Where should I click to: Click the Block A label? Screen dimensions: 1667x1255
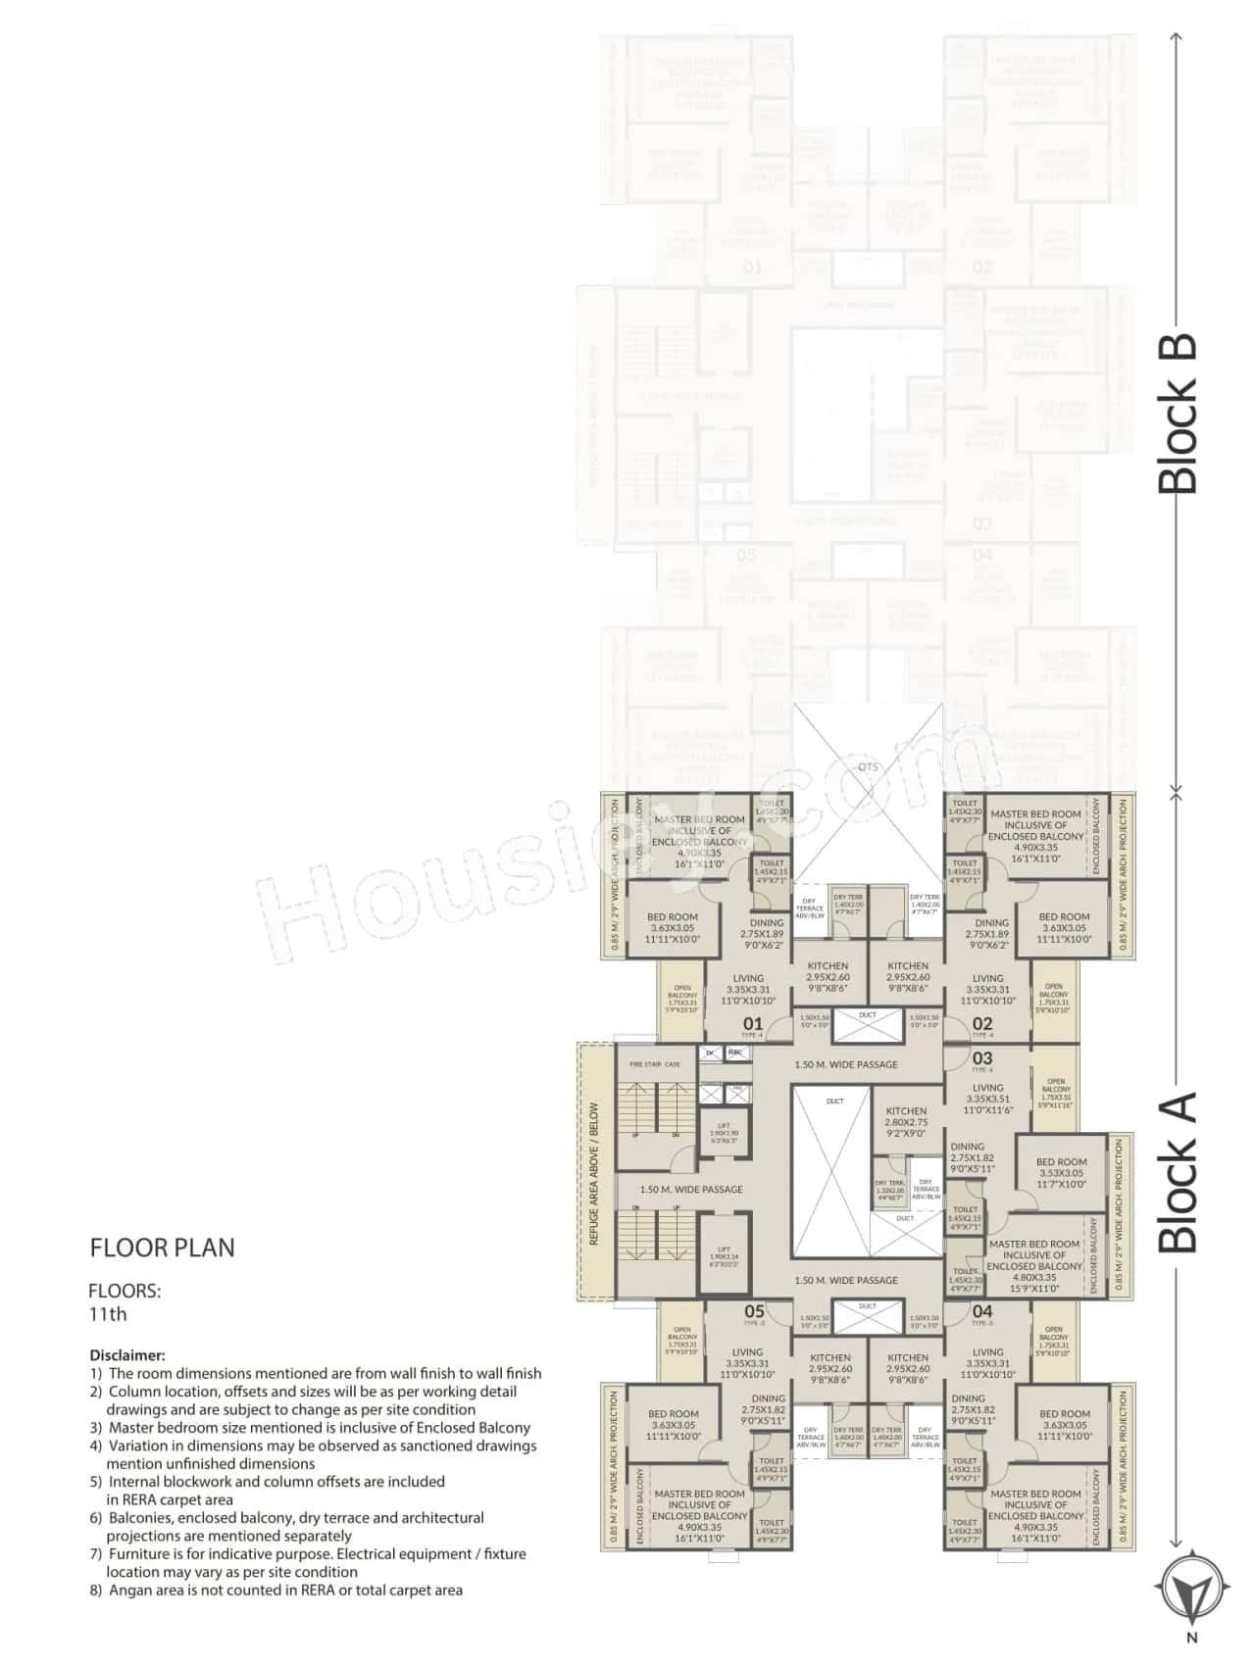[1179, 1172]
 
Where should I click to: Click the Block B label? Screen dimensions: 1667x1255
[1179, 414]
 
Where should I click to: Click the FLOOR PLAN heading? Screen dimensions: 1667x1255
[163, 1248]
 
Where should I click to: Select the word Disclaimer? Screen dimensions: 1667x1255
[127, 1355]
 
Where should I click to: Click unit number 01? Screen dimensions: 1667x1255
[752, 1024]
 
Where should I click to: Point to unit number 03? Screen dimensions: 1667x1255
[982, 1058]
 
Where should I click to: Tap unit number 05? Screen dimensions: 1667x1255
[753, 1311]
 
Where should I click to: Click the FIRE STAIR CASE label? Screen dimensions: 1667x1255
[655, 1064]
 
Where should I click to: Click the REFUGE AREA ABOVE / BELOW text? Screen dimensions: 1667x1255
[594, 1174]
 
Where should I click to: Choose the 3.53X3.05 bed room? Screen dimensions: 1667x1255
[1061, 1172]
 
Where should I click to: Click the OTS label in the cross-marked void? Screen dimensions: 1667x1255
[868, 766]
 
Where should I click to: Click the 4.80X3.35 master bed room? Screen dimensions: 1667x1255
[1034, 1265]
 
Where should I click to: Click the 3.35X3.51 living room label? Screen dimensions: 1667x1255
[987, 1099]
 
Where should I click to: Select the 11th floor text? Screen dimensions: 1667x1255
[108, 1315]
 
